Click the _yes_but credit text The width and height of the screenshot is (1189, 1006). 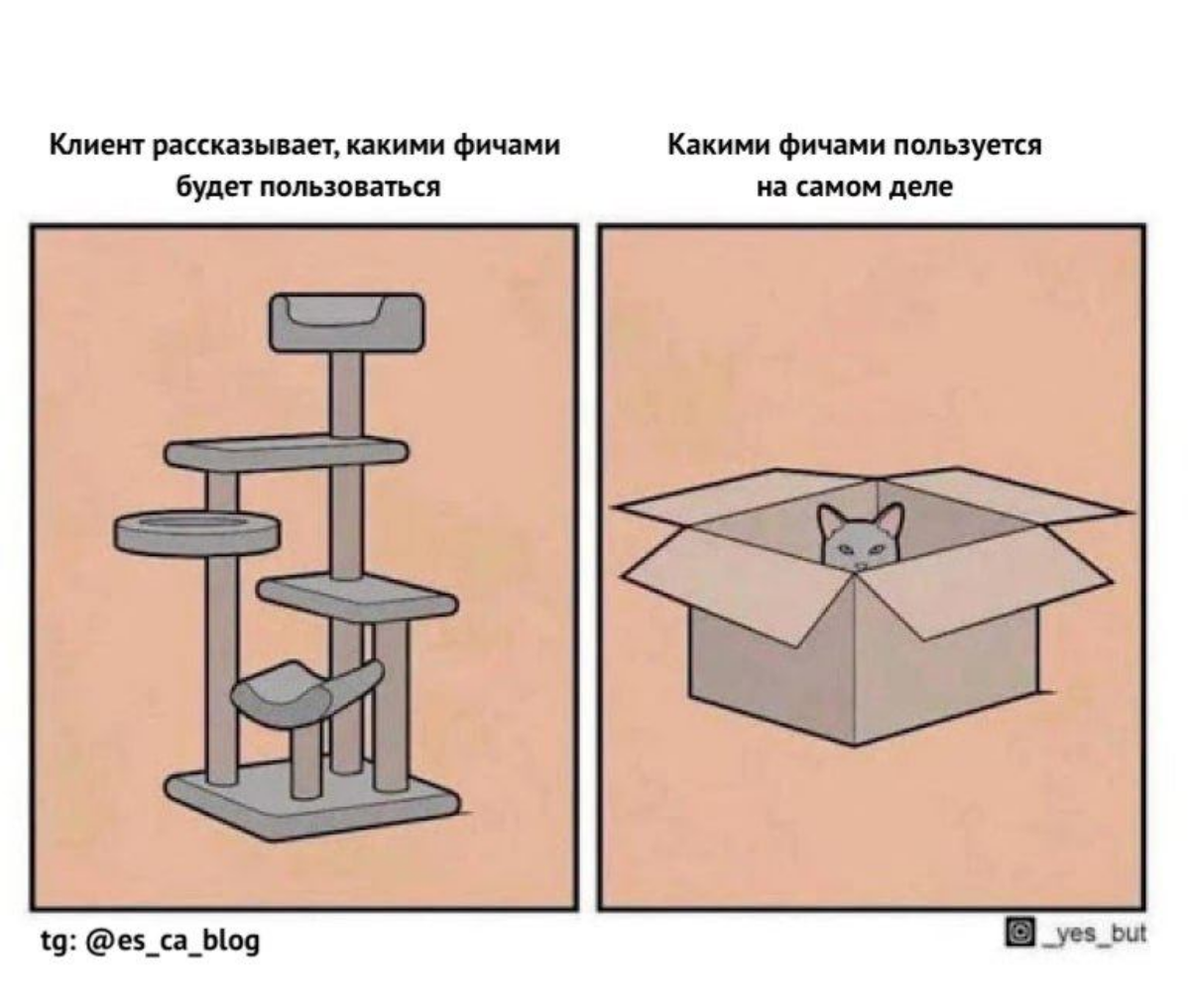(1090, 932)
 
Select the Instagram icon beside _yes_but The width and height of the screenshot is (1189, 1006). (1016, 932)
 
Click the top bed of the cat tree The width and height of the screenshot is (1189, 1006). (346, 322)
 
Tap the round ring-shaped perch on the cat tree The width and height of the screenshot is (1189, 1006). (195, 532)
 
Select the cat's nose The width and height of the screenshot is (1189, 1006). (860, 564)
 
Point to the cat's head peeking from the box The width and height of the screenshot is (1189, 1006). (860, 542)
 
